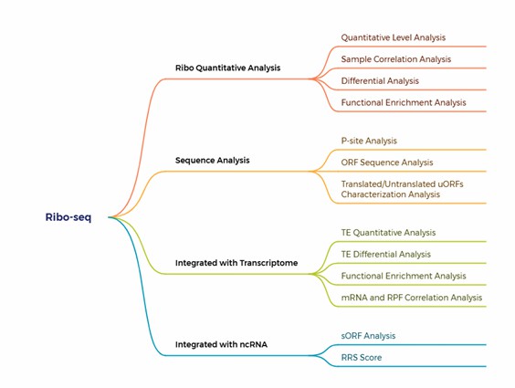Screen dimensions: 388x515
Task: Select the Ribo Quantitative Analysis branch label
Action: (227, 68)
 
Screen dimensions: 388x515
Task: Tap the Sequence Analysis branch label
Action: (213, 160)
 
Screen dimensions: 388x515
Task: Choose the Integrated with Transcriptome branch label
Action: (236, 263)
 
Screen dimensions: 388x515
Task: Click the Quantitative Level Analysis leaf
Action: (394, 37)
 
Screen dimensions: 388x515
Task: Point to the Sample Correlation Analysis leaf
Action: (396, 59)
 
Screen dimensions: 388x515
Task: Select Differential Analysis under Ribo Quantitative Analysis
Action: (380, 81)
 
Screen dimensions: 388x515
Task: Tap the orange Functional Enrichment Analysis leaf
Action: (404, 102)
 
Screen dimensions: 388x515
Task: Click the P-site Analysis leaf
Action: (369, 141)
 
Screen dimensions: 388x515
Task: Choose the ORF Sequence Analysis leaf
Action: (387, 163)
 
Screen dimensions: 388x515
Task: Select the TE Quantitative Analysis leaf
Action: (388, 233)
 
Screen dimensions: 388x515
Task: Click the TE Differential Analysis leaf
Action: (385, 254)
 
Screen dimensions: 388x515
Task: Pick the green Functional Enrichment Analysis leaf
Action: (404, 276)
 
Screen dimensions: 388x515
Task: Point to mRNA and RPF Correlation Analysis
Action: (411, 298)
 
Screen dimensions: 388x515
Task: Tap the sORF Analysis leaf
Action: (368, 336)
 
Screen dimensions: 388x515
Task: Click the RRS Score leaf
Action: (363, 357)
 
